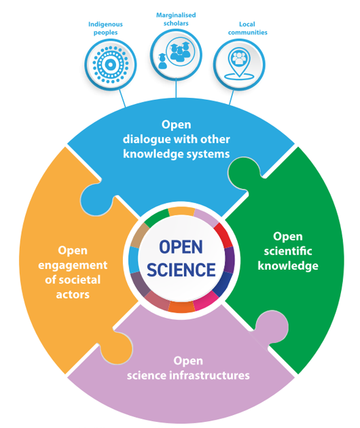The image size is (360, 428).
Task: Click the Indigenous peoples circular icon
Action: coord(111,65)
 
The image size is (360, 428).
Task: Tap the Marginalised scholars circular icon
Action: coord(176,54)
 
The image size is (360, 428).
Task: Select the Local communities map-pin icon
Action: coord(239,65)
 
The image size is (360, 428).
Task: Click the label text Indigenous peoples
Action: coord(105,29)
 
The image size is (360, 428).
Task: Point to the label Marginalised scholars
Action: coord(176,19)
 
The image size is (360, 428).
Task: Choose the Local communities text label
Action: coord(247,29)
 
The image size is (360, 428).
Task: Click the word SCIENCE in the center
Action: coord(181,270)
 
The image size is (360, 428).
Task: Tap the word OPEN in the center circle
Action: coord(181,247)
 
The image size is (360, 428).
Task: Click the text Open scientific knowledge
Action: coord(288,251)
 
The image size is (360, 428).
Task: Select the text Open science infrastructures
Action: coord(188,368)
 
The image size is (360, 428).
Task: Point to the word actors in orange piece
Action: coord(73,295)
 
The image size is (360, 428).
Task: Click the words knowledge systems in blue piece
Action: coord(177,154)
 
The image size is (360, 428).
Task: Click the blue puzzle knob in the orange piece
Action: coord(96,200)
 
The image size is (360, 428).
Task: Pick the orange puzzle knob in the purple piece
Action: coord(117,347)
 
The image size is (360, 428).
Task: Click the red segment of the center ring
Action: coord(223,235)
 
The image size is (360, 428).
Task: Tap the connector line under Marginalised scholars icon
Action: coord(176,88)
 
